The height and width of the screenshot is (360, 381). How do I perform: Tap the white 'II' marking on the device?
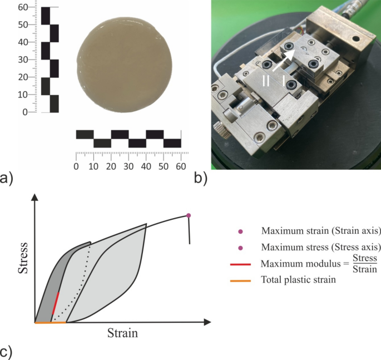266,81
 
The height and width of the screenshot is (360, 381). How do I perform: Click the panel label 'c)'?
7,352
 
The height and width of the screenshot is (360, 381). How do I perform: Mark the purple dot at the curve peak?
189,215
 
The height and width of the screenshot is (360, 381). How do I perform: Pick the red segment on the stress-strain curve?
55,303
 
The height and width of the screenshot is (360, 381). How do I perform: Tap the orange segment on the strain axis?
51,322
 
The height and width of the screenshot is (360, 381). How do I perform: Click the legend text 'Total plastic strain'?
298,279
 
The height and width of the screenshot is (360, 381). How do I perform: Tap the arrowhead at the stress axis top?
35,196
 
